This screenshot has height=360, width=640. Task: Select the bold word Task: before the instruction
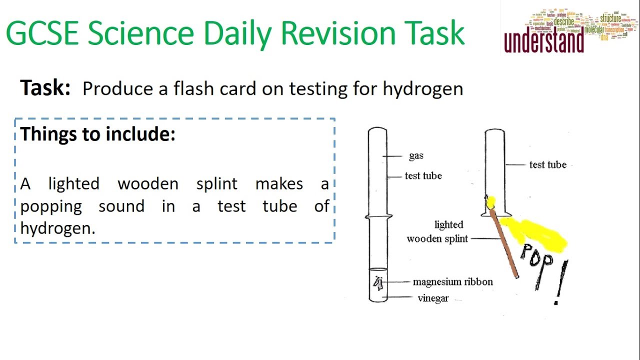45,88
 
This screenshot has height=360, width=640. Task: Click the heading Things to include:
98,134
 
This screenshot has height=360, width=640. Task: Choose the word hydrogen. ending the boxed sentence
57,228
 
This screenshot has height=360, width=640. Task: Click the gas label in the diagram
416,156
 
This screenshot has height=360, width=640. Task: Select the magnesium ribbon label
452,282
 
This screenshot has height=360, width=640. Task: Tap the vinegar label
433,298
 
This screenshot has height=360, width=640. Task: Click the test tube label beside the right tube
547,164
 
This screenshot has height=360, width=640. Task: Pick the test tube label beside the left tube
423,176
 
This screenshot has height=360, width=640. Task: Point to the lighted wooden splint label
437,232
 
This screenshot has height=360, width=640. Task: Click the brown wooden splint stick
504,243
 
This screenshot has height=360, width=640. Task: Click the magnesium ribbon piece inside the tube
378,283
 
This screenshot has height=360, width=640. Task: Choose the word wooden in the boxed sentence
148,184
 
